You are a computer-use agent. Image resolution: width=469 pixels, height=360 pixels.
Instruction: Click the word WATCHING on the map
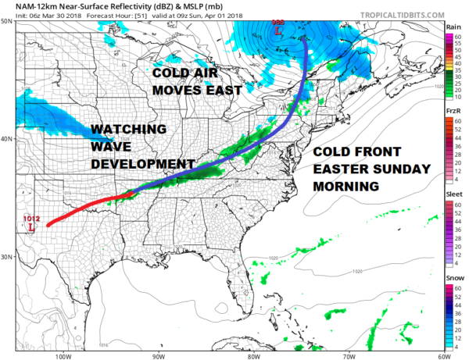[x=127, y=129]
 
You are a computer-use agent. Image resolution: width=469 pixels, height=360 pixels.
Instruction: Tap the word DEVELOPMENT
[x=143, y=164]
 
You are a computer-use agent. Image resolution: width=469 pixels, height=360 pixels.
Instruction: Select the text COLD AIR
[x=181, y=73]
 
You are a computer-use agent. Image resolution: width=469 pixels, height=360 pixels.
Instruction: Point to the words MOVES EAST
[x=192, y=91]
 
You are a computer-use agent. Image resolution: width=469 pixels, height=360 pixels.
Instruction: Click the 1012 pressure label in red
[x=31, y=218]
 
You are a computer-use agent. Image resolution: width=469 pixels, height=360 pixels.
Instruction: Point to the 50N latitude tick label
[x=6, y=21]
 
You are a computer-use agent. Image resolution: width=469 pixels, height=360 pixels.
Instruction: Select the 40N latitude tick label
[x=6, y=139]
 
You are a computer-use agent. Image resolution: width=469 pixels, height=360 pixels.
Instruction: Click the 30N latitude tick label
[x=6, y=257]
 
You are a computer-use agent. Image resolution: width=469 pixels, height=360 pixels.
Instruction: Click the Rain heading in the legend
[x=453, y=27]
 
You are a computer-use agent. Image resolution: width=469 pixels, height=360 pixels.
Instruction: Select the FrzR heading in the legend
[x=453, y=111]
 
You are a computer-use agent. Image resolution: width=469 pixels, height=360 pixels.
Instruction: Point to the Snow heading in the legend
[x=453, y=278]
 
